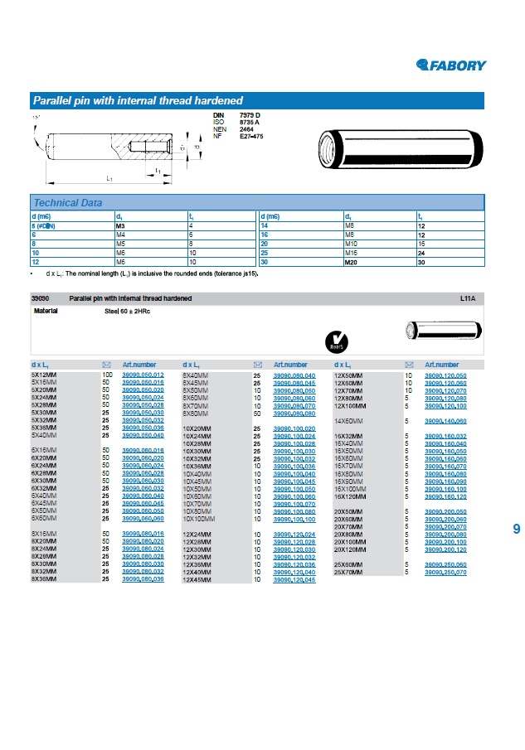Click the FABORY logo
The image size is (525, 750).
451,65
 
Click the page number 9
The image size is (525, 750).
517,529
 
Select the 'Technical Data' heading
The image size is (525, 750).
68,203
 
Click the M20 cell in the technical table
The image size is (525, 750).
352,262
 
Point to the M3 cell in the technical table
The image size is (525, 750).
120,225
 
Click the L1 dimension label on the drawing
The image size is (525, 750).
109,178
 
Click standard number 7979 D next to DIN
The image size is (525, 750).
250,114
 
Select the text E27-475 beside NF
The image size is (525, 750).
251,135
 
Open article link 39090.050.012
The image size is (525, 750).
143,375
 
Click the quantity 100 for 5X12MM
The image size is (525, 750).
107,375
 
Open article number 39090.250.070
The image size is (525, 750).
445,572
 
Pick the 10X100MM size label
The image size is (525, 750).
198,519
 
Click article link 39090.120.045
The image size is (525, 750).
294,579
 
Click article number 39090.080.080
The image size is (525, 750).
294,414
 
